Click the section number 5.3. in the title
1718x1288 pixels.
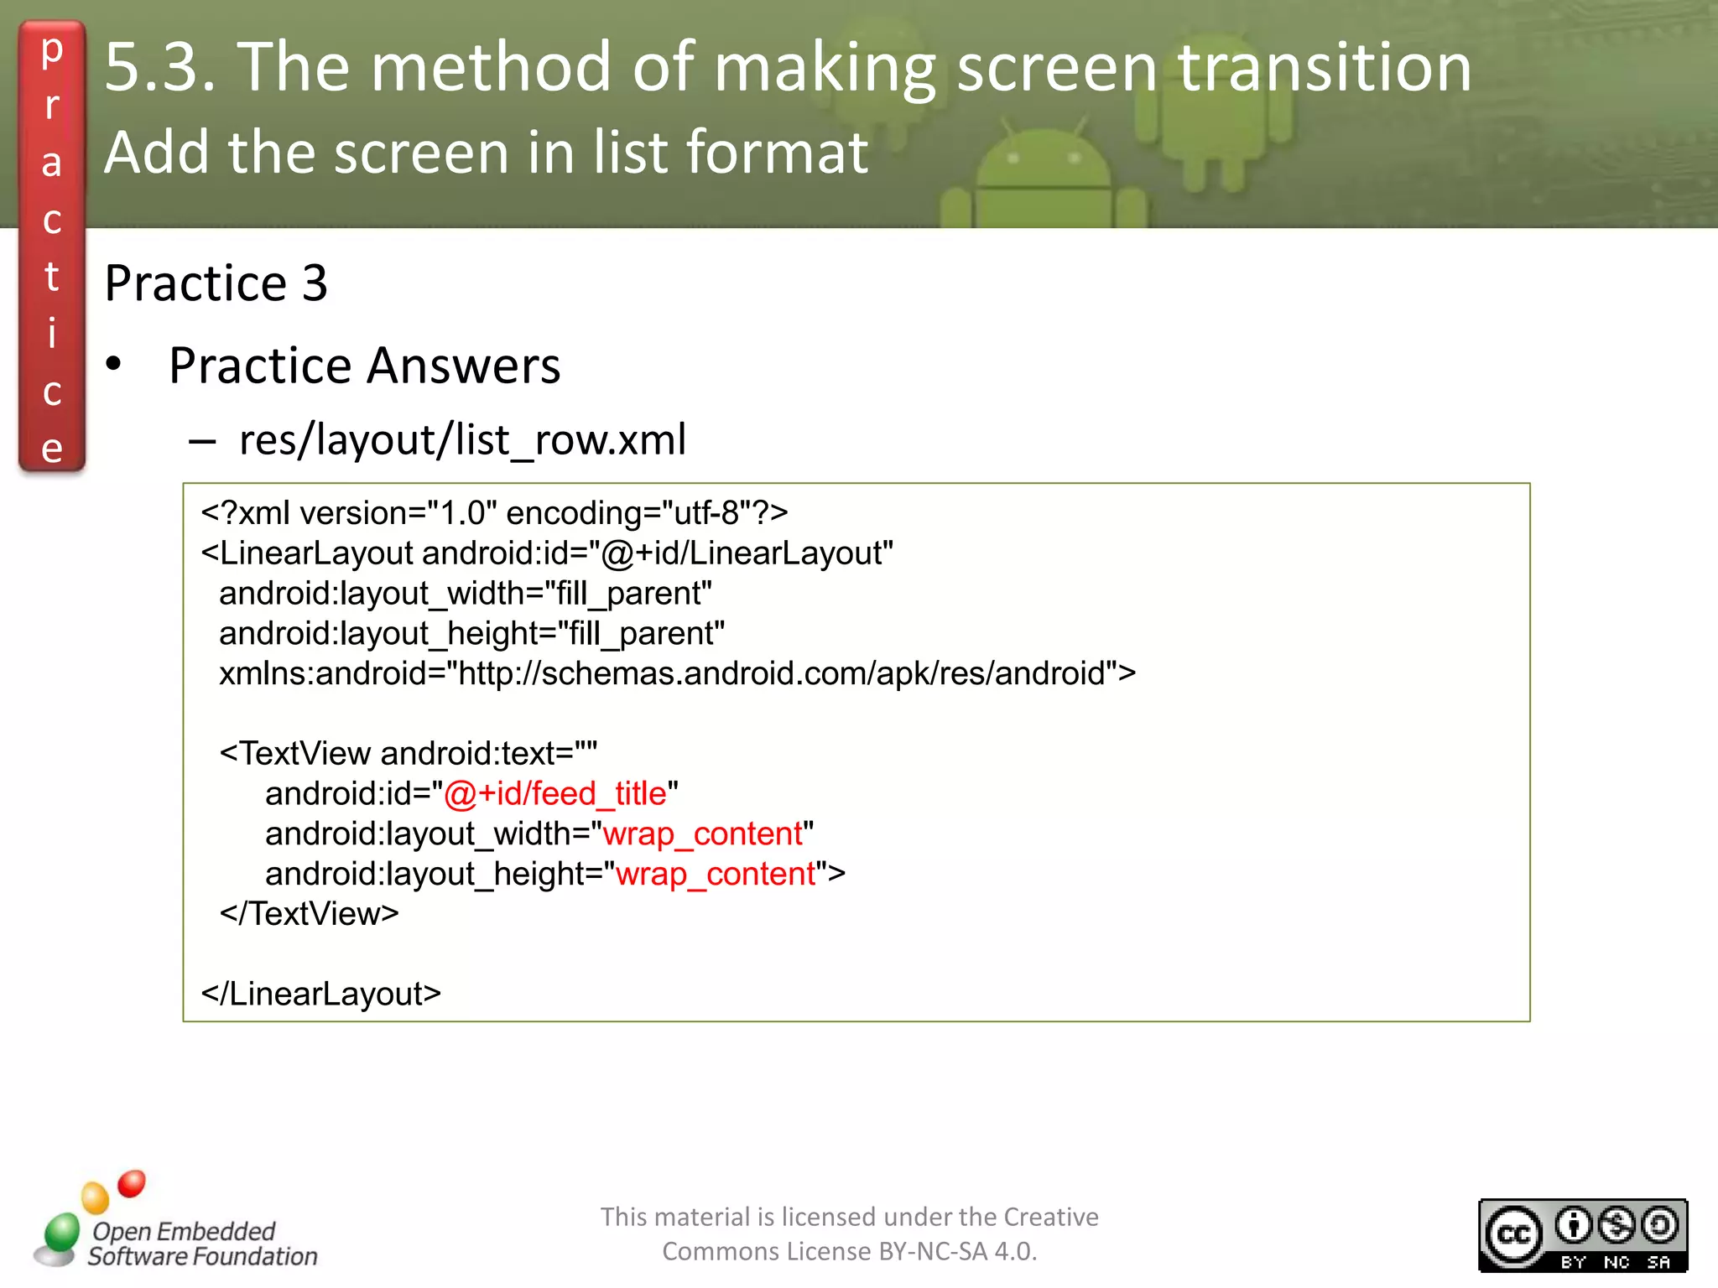159,67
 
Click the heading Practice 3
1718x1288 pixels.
216,283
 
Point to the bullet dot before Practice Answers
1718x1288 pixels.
114,365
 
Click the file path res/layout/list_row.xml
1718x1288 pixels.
462,439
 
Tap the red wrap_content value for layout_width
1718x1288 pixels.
702,834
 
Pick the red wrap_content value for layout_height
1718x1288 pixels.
716,874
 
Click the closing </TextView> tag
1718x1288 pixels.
309,914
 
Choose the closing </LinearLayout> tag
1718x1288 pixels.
320,994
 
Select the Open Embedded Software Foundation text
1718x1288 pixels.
201,1244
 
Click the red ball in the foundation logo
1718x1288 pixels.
132,1183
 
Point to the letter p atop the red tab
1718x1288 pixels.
52,50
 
